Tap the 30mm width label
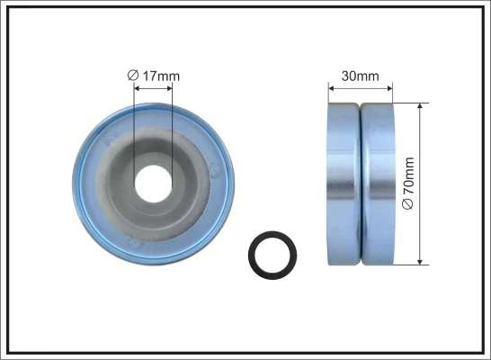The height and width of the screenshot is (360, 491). [362, 76]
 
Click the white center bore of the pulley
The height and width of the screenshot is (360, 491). [156, 182]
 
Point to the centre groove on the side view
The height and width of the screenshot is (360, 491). [360, 184]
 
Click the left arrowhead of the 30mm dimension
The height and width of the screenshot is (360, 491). [332, 88]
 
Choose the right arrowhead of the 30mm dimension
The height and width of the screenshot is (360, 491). [389, 88]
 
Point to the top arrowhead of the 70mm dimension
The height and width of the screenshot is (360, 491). [420, 106]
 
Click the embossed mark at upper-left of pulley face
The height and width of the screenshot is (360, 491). [112, 139]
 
